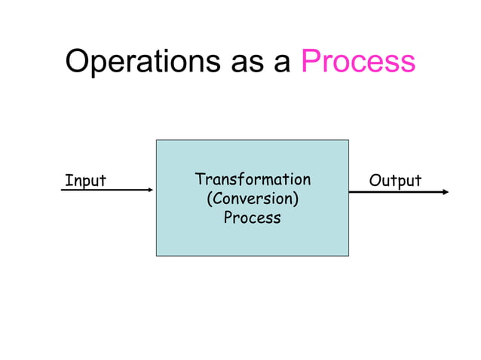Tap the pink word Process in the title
(x=358, y=61)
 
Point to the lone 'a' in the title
(x=283, y=63)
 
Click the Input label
(x=85, y=181)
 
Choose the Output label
(x=394, y=181)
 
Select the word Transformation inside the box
(x=253, y=179)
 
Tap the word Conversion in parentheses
(x=253, y=199)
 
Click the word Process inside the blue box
(x=253, y=218)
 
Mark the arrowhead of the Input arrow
(x=150, y=191)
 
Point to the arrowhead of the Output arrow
(x=445, y=191)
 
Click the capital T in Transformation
(x=200, y=179)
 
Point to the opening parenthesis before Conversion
(x=209, y=200)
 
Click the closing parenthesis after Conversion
(x=296, y=200)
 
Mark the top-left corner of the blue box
(x=157, y=140)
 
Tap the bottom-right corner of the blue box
(x=348, y=255)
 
